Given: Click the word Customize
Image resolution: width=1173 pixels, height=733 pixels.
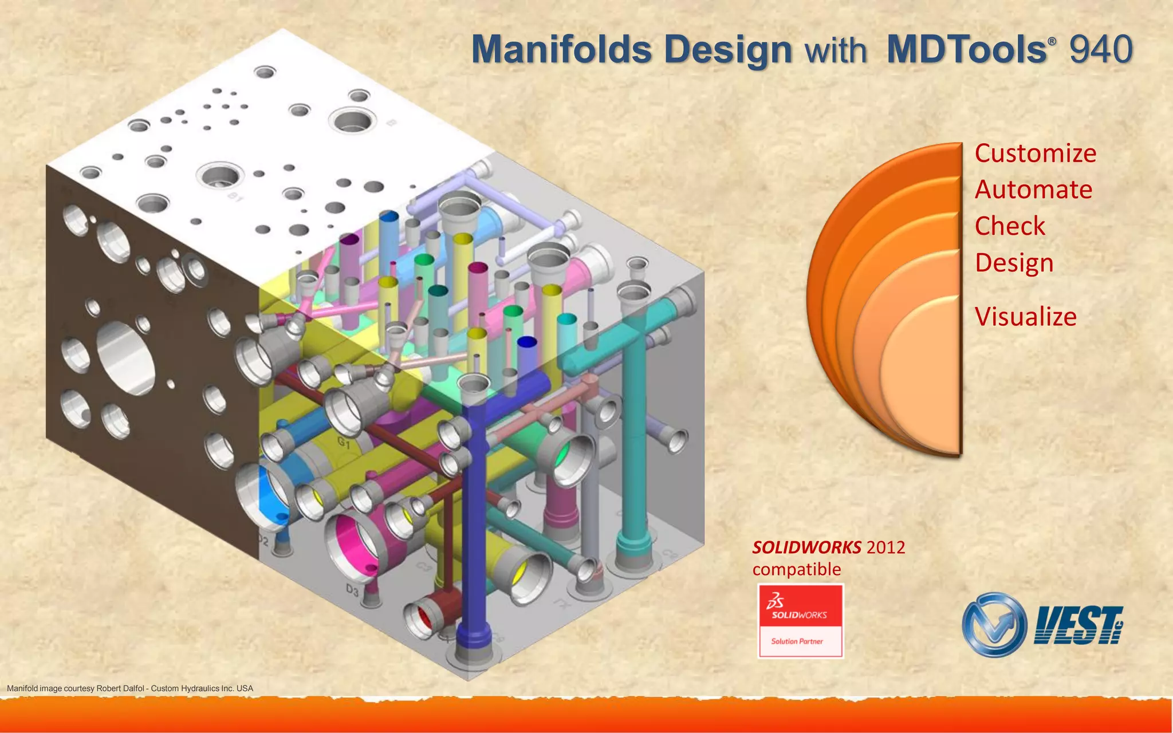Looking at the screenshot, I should pyautogui.click(x=1035, y=153).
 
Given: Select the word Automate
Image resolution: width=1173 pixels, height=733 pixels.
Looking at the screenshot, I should pyautogui.click(x=1033, y=190).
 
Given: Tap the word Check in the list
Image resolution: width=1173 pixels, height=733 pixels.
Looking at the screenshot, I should pyautogui.click(x=1010, y=226).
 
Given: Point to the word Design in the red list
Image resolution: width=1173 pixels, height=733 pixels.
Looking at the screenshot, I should pyautogui.click(x=1014, y=263).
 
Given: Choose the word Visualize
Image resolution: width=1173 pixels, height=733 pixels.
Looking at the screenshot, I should pyautogui.click(x=1025, y=317).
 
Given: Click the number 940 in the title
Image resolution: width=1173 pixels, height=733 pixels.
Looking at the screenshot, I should pyautogui.click(x=1100, y=49).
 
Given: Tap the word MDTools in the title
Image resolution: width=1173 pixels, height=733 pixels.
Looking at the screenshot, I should pyautogui.click(x=967, y=49).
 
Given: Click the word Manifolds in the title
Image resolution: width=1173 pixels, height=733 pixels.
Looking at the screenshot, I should pyautogui.click(x=561, y=49).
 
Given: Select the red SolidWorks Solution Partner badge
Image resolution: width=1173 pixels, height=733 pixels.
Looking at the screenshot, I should pyautogui.click(x=800, y=621).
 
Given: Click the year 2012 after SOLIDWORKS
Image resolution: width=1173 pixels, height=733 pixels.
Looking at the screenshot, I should pyautogui.click(x=885, y=547).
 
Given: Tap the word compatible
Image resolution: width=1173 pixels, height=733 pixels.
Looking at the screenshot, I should pyautogui.click(x=796, y=569).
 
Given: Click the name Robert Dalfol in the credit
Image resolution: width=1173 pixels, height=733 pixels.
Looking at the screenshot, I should pyautogui.click(x=120, y=688).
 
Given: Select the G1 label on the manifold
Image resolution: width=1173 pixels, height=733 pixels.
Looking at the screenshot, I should pyautogui.click(x=344, y=442).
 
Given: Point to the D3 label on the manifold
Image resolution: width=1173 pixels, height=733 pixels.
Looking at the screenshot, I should pyautogui.click(x=352, y=589).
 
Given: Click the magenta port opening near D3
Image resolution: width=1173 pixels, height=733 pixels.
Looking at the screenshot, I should pyautogui.click(x=355, y=544).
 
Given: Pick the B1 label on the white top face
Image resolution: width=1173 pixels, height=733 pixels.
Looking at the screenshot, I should pyautogui.click(x=235, y=197).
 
